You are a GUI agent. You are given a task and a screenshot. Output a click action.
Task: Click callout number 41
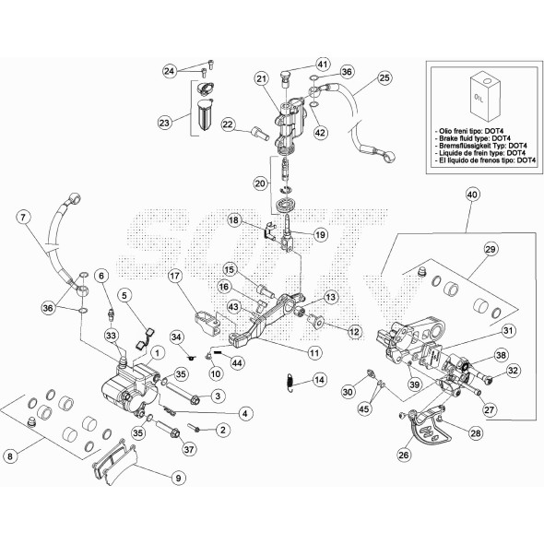323,65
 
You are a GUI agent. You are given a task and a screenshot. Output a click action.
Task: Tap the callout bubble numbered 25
384,77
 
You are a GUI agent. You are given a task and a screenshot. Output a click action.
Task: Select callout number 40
472,195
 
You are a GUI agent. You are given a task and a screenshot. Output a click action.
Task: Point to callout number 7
23,218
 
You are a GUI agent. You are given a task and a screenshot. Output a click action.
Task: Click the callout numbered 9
178,479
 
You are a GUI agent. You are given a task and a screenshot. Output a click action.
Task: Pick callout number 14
319,380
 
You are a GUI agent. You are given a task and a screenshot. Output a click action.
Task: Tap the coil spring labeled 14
290,382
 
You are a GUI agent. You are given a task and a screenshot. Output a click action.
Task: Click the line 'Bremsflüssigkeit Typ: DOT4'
481,146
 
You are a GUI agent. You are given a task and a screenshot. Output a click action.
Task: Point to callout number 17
175,277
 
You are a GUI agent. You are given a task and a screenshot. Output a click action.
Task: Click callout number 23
164,123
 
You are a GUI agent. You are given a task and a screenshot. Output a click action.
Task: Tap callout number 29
491,249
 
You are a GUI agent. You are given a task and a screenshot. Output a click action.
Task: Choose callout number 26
404,455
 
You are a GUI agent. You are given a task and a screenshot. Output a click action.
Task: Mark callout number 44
237,363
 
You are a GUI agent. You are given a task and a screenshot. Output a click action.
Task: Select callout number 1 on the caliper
157,353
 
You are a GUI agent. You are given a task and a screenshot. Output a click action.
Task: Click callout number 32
513,370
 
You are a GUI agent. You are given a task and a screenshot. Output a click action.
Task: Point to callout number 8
10,455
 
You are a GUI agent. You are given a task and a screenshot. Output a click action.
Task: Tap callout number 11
314,353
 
